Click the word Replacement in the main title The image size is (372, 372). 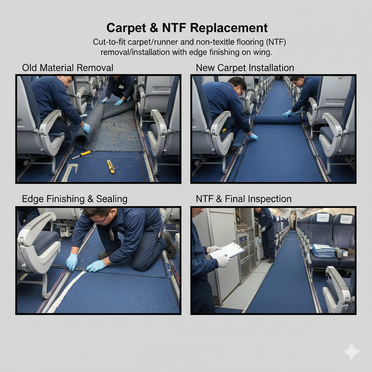pos(229,28)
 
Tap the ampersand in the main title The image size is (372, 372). pos(154,28)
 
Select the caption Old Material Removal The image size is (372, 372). pos(68,68)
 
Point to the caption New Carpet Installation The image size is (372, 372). pos(245,68)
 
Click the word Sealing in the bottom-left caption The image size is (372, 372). pos(112,199)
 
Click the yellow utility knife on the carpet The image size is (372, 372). pos(110,166)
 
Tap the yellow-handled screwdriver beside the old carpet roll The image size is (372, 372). pos(81,155)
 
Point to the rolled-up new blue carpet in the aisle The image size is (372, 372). pos(277,119)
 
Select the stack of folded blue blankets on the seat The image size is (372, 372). pos(323,251)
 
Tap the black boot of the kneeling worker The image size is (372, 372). pos(170,245)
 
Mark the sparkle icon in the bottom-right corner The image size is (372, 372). pos(352,352)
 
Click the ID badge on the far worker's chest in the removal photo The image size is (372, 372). pos(121,87)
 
